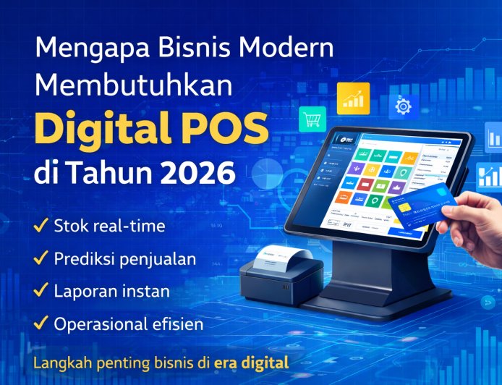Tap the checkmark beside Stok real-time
[x=41, y=226]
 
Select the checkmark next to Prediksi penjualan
[x=41, y=258]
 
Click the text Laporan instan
[x=112, y=292]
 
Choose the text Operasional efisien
[x=126, y=324]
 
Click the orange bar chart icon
[x=353, y=98]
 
